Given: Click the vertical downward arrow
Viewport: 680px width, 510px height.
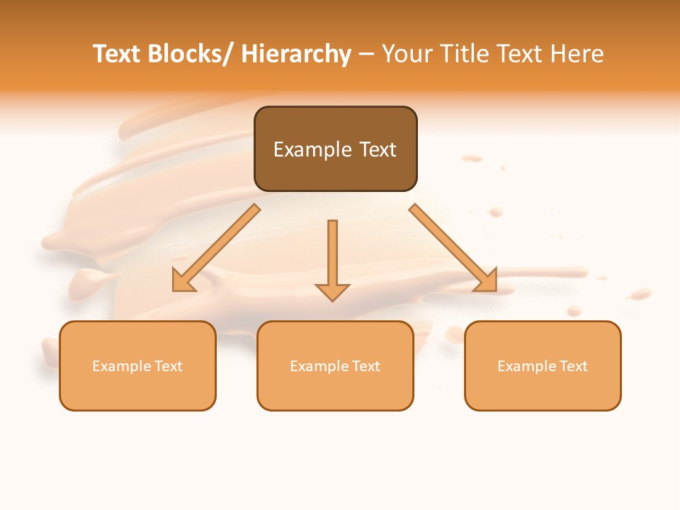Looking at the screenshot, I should click(x=332, y=255).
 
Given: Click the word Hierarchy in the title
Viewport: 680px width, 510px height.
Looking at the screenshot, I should click(x=296, y=54).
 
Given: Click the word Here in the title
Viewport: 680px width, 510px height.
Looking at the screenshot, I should click(x=577, y=54).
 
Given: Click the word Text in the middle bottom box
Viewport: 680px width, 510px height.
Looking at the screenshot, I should click(x=365, y=366).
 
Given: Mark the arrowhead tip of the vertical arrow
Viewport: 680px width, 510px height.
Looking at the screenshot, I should click(x=332, y=300).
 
